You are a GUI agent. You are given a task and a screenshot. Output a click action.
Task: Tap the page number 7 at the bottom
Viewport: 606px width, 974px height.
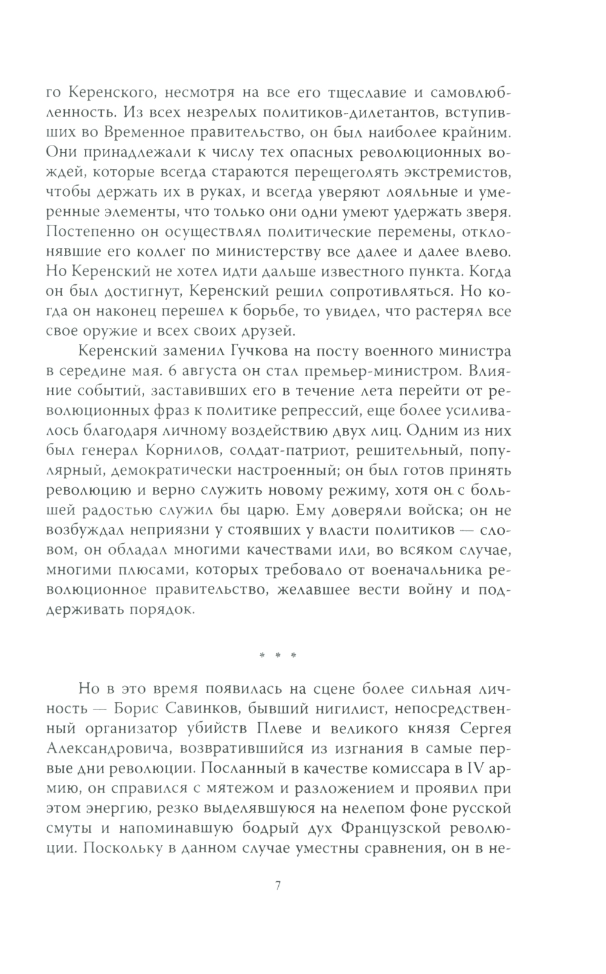[x=278, y=885]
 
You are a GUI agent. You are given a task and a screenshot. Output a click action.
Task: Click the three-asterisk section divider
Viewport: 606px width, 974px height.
[x=277, y=656]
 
